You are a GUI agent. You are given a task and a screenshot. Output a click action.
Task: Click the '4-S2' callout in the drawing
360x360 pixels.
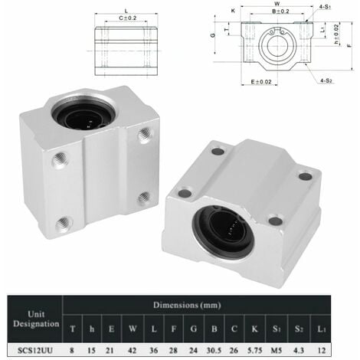coord(326,80)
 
